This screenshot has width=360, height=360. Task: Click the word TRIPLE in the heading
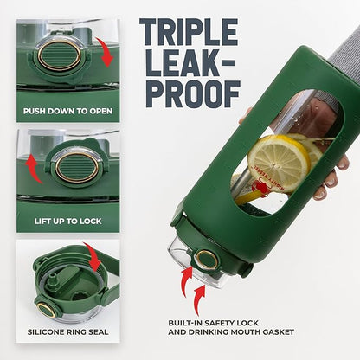coord(189,32)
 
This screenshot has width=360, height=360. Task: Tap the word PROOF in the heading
coord(193,94)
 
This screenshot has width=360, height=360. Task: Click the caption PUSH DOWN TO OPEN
coord(68,111)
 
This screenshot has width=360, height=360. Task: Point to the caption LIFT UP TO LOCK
coord(68,222)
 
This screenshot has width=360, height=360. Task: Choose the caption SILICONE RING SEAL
coord(67,331)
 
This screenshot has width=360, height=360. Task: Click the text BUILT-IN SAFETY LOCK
coord(214,323)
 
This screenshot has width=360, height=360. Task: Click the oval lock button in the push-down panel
coord(60,55)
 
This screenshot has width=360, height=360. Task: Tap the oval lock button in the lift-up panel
coord(77,168)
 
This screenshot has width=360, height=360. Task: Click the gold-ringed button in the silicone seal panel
coord(47,310)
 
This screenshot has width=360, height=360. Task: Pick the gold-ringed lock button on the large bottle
coord(206,260)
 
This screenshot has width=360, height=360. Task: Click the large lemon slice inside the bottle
coord(279,164)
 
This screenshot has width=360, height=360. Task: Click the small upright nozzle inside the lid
coord(53,279)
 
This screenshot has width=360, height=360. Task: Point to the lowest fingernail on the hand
coord(318,195)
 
